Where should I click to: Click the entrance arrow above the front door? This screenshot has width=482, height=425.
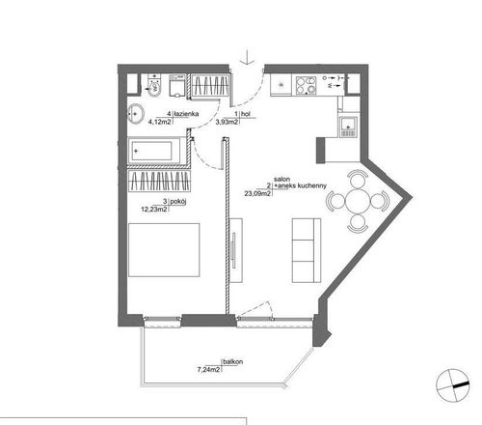247,57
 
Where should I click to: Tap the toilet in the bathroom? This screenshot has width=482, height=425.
154,85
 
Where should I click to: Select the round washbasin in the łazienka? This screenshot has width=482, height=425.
136,113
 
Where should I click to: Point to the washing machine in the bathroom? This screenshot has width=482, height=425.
177,86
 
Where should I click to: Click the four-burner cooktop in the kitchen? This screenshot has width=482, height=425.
306,85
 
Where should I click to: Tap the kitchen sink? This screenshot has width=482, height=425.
348,127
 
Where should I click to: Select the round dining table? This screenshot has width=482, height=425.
358,201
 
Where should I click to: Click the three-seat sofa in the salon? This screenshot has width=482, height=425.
307,250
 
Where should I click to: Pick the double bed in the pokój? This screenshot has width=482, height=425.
164,250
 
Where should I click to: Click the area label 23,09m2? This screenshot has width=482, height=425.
257,193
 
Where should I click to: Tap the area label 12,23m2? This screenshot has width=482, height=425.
154,210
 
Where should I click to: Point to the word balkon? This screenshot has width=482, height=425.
233,362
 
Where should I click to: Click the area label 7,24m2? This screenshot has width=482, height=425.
208,370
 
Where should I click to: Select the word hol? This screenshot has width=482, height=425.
246,114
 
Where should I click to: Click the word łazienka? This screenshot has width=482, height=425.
186,114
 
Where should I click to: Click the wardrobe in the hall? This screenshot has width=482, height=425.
211,85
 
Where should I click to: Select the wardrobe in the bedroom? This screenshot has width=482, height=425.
159,181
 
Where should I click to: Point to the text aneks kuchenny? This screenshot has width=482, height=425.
302,186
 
